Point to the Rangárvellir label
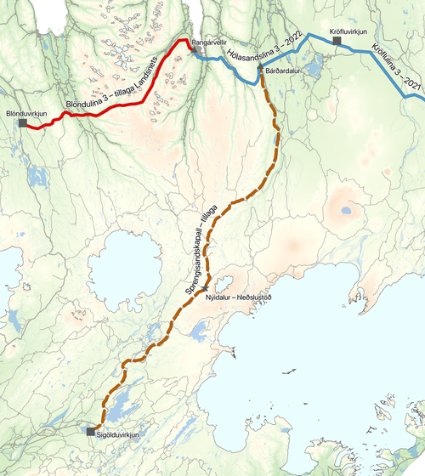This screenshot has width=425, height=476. pos(209,41)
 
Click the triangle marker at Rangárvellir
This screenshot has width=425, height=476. pos(192,49)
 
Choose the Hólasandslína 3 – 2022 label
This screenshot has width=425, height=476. pos(261,51)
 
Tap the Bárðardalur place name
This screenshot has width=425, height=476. pos(284,71)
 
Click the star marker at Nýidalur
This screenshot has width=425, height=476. pos(206,289)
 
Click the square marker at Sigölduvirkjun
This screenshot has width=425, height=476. pos(91,432)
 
